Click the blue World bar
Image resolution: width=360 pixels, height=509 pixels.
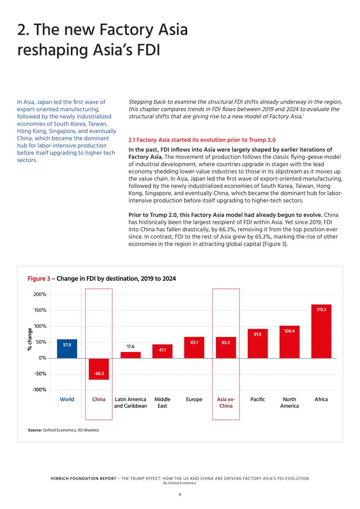pyautogui.click(x=67, y=349)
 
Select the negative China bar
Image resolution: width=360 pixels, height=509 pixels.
pyautogui.click(x=99, y=369)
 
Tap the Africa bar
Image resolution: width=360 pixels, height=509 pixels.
pyautogui.click(x=321, y=331)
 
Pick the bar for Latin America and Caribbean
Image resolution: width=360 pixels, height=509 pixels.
pyautogui.click(x=131, y=355)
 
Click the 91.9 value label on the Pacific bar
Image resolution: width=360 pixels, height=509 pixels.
pyautogui.click(x=257, y=334)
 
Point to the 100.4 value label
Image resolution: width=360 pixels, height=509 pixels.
pyautogui.click(x=289, y=331)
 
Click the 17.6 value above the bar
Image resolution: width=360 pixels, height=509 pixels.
pyautogui.click(x=131, y=346)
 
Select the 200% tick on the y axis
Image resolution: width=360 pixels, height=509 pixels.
pyautogui.click(x=40, y=294)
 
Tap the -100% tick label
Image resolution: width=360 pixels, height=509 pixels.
pyautogui.click(x=40, y=390)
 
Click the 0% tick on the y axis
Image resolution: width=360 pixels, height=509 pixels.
pyautogui.click(x=43, y=358)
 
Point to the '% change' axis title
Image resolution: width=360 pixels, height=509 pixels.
pyautogui.click(x=30, y=339)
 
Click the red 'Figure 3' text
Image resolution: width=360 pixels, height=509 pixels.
pyautogui.click(x=39, y=279)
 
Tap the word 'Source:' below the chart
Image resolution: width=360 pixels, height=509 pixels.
pyautogui.click(x=35, y=430)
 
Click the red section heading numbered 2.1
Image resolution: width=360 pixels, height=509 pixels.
pyautogui.click(x=202, y=140)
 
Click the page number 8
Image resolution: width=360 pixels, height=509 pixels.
pyautogui.click(x=180, y=495)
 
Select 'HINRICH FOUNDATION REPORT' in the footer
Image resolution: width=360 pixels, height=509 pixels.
pyautogui.click(x=83, y=479)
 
